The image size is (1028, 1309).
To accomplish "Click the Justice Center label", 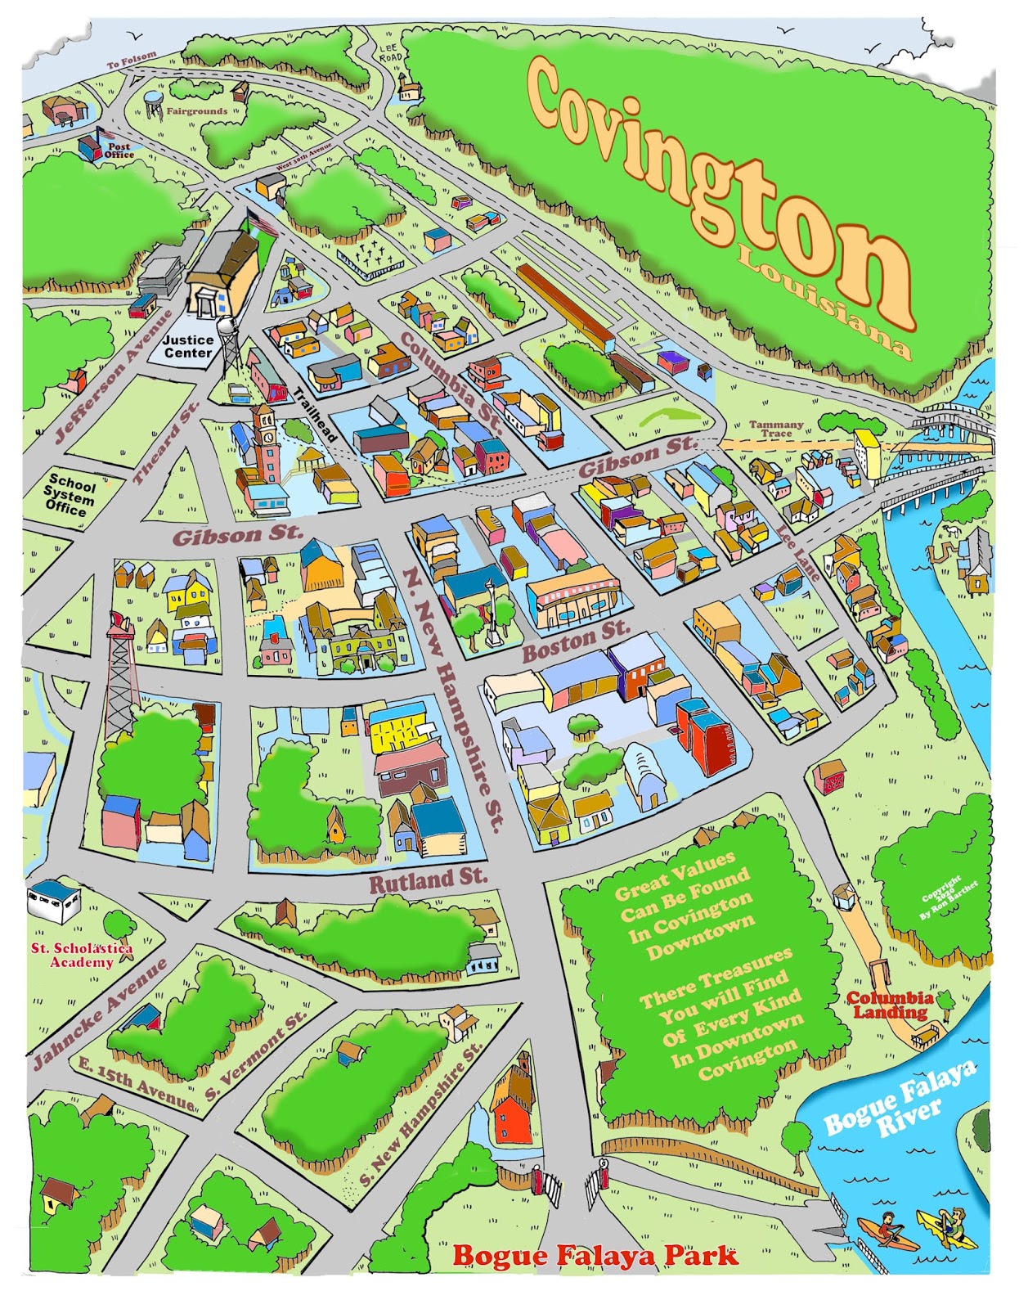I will (x=187, y=347).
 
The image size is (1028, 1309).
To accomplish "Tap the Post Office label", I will (x=119, y=151).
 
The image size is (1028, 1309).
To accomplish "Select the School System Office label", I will (x=70, y=494).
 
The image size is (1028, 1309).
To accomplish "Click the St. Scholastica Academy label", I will (x=82, y=955).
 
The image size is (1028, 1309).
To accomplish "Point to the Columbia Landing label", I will (x=890, y=1005).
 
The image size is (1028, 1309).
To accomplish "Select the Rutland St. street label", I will (x=428, y=881).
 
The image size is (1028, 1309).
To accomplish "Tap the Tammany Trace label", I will (x=776, y=429).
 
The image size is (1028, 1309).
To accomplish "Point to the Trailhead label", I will (x=316, y=414).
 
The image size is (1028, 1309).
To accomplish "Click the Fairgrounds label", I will (x=197, y=110).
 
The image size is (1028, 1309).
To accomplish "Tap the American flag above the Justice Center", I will (x=263, y=220).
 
